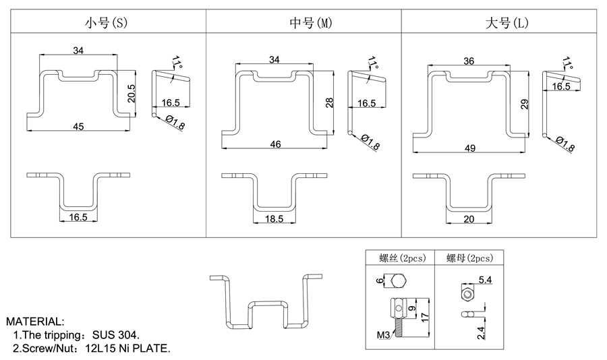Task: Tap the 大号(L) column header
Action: click(507, 22)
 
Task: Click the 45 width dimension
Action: click(78, 126)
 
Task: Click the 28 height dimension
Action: click(330, 102)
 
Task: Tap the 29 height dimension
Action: click(525, 103)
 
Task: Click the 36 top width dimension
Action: click(469, 61)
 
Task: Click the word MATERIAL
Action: click(35, 321)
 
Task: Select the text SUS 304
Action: click(116, 335)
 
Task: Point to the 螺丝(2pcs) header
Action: click(399, 258)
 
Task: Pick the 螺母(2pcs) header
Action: click(469, 258)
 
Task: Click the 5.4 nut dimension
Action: click(485, 279)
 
